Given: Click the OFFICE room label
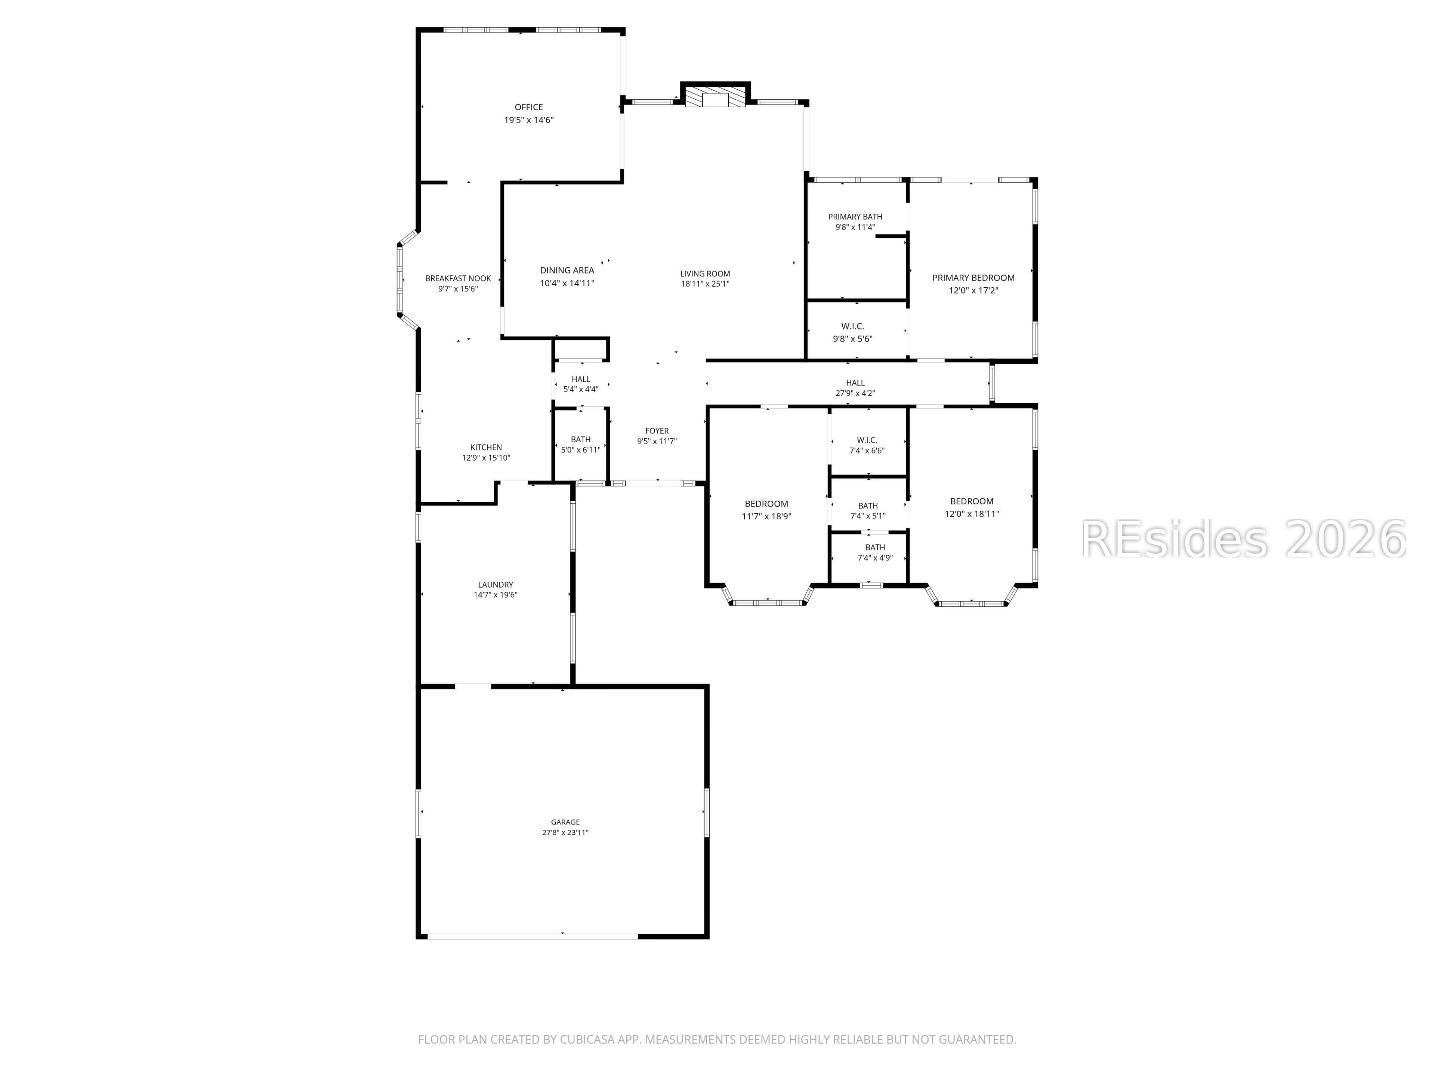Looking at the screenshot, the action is pyautogui.click(x=529, y=107).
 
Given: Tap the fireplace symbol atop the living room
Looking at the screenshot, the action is pyautogui.click(x=716, y=97).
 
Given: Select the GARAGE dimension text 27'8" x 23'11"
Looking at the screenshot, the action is pyautogui.click(x=565, y=832).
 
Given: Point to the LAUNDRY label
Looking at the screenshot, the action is pyautogui.click(x=496, y=584).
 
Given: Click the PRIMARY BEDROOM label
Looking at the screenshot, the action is pyautogui.click(x=973, y=278).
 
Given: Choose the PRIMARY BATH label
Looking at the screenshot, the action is pyautogui.click(x=855, y=217).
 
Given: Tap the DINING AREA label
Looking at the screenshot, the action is pyautogui.click(x=567, y=270).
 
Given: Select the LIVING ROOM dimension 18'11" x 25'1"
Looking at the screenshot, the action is pyautogui.click(x=705, y=284).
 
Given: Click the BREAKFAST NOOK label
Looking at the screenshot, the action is pyautogui.click(x=458, y=278).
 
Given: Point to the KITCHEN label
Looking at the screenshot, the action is pyautogui.click(x=486, y=447).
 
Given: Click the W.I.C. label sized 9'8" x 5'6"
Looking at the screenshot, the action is pyautogui.click(x=852, y=326).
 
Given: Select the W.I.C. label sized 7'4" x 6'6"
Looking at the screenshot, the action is pyautogui.click(x=867, y=440).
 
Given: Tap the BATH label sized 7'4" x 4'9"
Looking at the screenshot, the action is pyautogui.click(x=875, y=547).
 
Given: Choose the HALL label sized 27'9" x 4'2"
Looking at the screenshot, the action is pyautogui.click(x=855, y=383).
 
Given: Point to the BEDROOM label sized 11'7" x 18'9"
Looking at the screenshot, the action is pyautogui.click(x=766, y=504).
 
